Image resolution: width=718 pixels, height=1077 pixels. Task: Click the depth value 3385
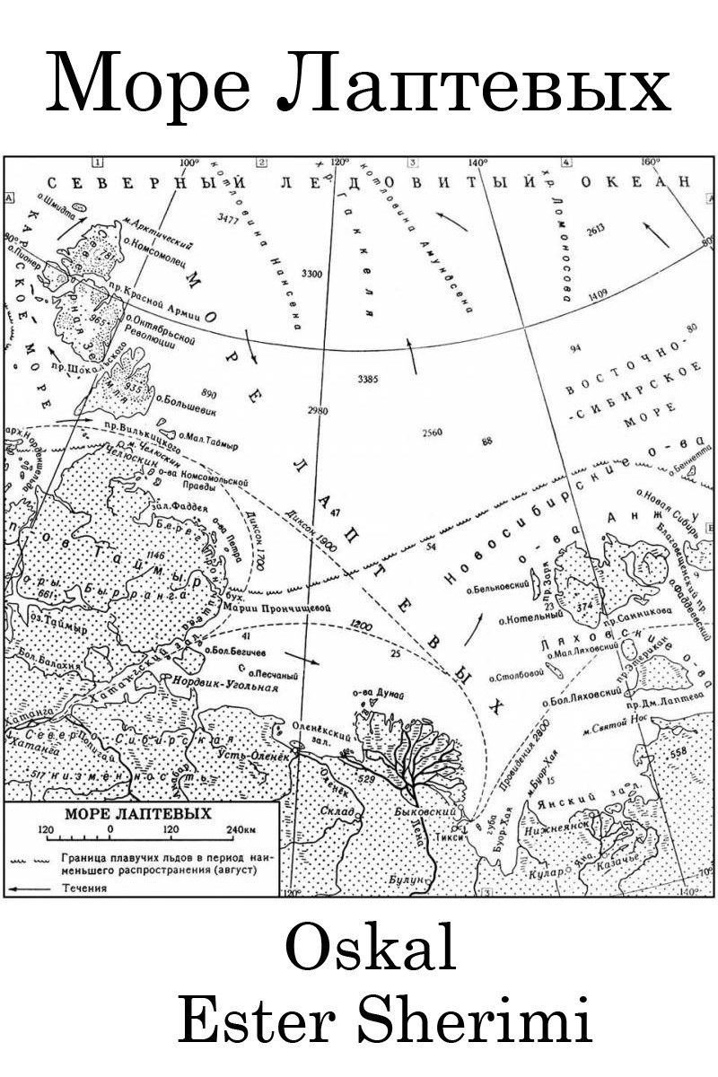369,379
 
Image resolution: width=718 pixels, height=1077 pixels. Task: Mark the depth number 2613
596,230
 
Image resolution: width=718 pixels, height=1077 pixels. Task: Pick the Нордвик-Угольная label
230,687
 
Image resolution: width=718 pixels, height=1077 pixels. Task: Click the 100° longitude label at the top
188,162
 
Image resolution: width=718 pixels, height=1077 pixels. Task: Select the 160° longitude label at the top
651,162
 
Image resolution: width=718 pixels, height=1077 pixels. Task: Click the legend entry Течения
85,888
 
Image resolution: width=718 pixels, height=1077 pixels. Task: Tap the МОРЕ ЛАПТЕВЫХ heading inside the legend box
138,814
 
